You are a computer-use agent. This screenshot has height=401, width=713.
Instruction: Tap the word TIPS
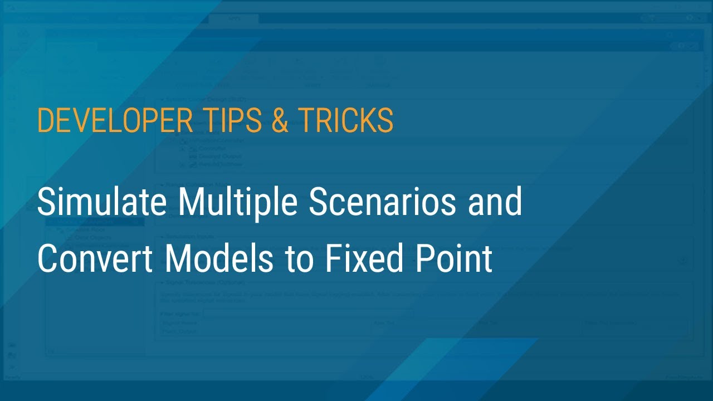tap(227, 120)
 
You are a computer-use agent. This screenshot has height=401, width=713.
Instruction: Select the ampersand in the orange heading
tap(280, 120)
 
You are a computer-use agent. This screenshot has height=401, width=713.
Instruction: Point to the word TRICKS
tap(346, 120)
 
